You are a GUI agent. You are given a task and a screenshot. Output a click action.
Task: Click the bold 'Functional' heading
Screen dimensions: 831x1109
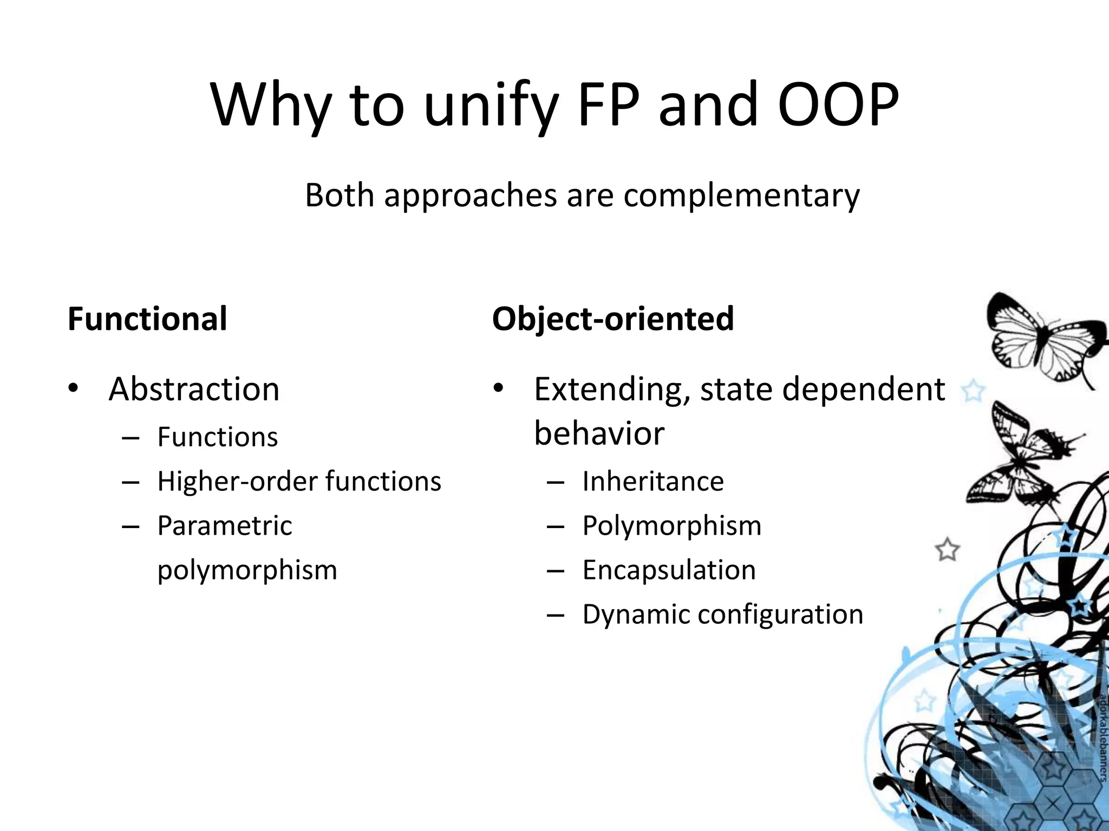point(147,319)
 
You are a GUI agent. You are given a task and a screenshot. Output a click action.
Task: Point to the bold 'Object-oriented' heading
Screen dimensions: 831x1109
point(613,319)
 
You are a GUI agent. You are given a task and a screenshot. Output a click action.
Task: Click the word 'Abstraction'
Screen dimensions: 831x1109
point(194,389)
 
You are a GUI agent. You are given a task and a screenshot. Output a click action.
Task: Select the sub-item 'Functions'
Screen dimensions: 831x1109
point(217,437)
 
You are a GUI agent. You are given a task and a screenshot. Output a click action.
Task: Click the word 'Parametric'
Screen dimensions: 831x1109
point(225,526)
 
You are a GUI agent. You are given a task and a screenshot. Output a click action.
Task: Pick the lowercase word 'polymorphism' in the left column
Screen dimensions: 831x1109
point(247,570)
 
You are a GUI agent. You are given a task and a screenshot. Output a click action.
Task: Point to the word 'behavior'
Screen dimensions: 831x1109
point(599,433)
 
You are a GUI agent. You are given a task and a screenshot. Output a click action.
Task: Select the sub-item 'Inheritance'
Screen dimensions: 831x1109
point(653,482)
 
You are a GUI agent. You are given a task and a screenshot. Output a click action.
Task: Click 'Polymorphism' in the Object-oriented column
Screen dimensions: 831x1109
point(671,526)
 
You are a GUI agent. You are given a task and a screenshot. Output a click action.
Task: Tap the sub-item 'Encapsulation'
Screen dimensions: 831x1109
point(669,570)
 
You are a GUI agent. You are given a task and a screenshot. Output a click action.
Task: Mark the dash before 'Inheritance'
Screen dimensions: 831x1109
point(556,482)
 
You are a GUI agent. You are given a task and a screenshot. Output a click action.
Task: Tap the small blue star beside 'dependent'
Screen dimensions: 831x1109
point(973,390)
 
